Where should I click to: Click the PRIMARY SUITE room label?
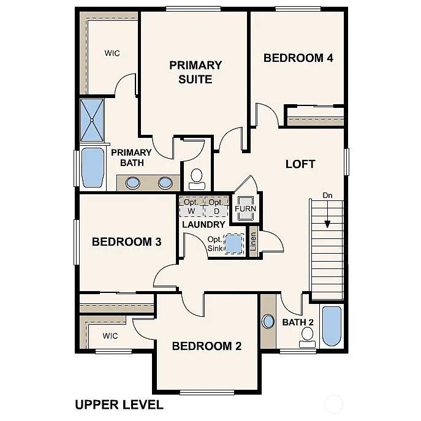[x=195, y=72]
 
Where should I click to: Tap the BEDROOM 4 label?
[x=298, y=58]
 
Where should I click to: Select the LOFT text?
[x=300, y=164]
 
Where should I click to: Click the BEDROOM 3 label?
[x=126, y=241]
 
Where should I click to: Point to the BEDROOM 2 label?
[x=207, y=346]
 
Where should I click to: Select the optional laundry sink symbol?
[x=234, y=244]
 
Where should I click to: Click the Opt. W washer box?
[x=191, y=207]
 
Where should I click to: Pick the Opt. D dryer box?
[x=216, y=207]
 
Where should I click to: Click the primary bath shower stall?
[x=93, y=120]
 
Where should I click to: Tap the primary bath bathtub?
[x=93, y=167]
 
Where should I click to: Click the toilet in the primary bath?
[x=197, y=178]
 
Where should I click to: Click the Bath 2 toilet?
[x=308, y=336]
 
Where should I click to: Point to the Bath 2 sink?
[x=268, y=321]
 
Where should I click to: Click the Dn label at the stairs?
[x=328, y=195]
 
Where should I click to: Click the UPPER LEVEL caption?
[x=119, y=404]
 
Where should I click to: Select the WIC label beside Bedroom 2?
[x=110, y=336]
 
